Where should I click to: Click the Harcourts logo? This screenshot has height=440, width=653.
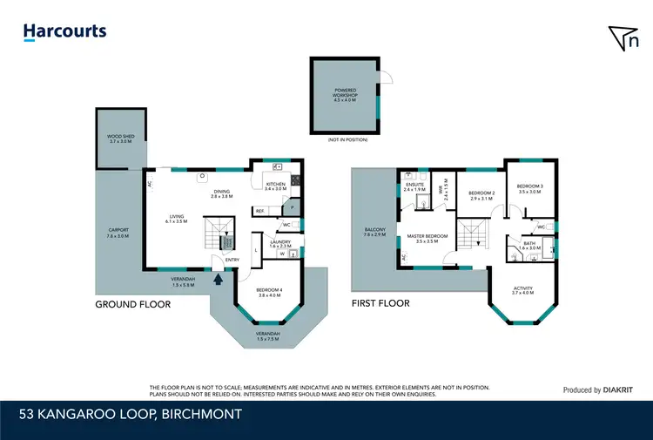[x=65, y=32]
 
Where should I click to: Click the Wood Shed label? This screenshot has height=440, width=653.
[x=119, y=139]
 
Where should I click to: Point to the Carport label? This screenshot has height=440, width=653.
[x=117, y=233]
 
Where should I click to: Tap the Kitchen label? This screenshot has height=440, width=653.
[x=275, y=186]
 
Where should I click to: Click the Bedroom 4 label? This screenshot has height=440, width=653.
[x=268, y=292]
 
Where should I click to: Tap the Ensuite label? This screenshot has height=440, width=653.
[x=414, y=186]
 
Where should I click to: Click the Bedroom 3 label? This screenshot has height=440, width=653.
[x=529, y=188]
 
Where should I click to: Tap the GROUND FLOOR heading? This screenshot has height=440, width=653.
[x=133, y=305]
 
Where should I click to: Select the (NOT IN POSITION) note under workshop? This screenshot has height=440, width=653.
[x=347, y=139]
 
